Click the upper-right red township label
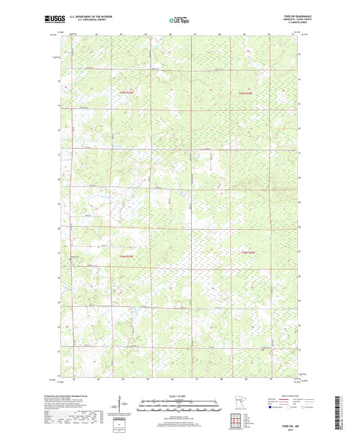pos(247,93)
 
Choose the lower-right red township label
pos(248,252)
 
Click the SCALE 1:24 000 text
pos(179,396)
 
